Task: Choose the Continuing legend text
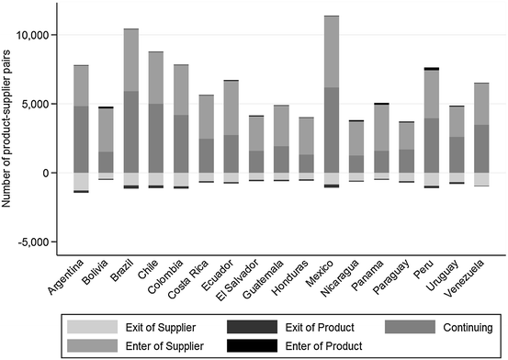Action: click(468, 326)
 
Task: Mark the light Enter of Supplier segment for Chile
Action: click(156, 77)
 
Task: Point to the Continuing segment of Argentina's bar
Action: click(82, 139)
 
